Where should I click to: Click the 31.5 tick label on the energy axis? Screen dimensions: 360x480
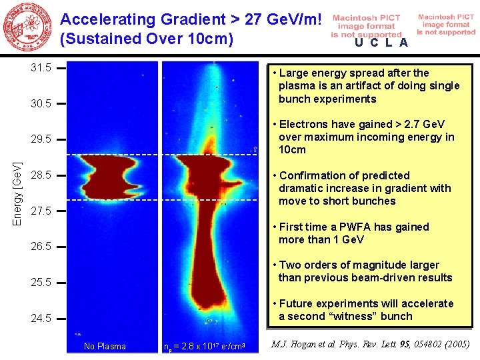[41, 68]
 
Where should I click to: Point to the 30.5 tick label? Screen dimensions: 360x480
[41, 104]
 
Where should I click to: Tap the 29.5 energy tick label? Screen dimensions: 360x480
[41, 139]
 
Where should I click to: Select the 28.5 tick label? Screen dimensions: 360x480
[41, 175]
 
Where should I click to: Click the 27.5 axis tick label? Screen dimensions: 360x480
[41, 211]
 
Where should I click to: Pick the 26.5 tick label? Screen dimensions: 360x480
[41, 246]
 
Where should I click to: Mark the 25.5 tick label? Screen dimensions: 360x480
[41, 282]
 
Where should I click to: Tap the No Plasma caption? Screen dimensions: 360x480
[105, 346]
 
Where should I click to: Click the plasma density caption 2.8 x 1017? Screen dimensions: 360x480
[205, 347]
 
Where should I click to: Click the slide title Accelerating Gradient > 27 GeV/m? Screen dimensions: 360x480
[195, 19]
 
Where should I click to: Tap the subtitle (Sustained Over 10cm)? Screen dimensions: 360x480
[146, 39]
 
